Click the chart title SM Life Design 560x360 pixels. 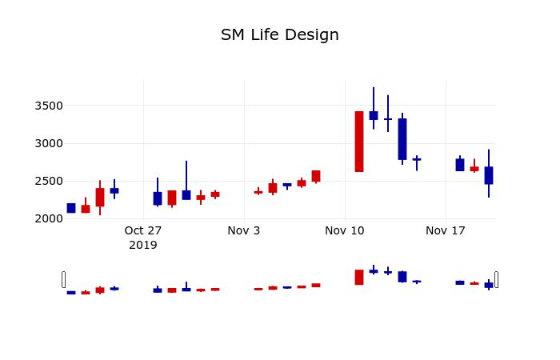[280, 35]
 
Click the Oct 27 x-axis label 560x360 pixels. [143, 231]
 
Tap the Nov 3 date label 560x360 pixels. [244, 231]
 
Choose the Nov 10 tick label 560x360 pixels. [345, 231]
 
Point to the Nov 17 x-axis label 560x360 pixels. [446, 231]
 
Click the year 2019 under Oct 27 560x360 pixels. [143, 245]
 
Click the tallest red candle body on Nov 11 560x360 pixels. [359, 142]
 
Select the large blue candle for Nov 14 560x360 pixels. [402, 139]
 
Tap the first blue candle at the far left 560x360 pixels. [71, 208]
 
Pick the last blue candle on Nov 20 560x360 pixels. [489, 175]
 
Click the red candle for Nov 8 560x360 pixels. [316, 176]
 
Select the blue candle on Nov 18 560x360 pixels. [460, 165]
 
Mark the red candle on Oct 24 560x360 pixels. [100, 198]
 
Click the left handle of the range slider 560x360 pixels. [64, 279]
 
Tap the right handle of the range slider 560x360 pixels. [496, 279]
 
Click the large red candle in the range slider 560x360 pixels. [359, 277]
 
